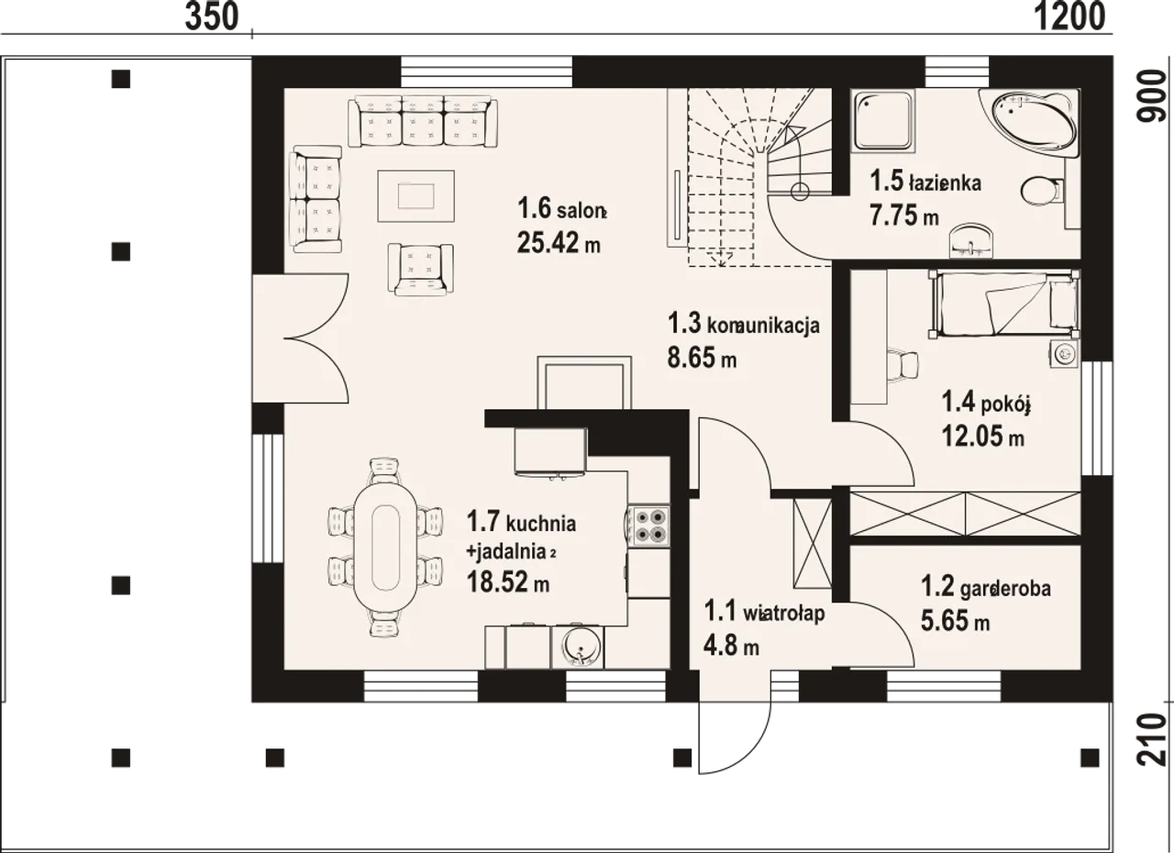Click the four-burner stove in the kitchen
(x=648, y=526)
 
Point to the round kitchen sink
(x=579, y=648)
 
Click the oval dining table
(x=385, y=547)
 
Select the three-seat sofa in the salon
(x=423, y=121)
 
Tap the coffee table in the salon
(x=415, y=196)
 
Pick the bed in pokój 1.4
(x=1003, y=305)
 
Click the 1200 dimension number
(x=1069, y=17)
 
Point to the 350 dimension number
(x=212, y=17)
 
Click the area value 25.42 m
(x=559, y=242)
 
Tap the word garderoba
(x=1005, y=590)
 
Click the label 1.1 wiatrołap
(x=765, y=612)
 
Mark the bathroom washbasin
(x=971, y=240)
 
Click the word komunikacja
(x=764, y=326)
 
